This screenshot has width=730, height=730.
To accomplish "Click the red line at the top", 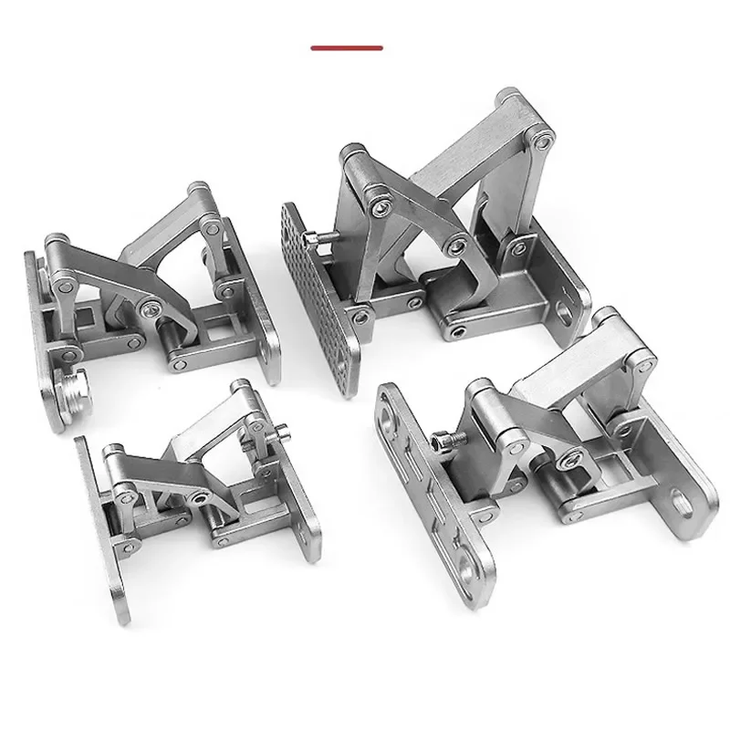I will click(x=347, y=47).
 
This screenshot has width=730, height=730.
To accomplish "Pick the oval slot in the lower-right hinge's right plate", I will click(x=683, y=499).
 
